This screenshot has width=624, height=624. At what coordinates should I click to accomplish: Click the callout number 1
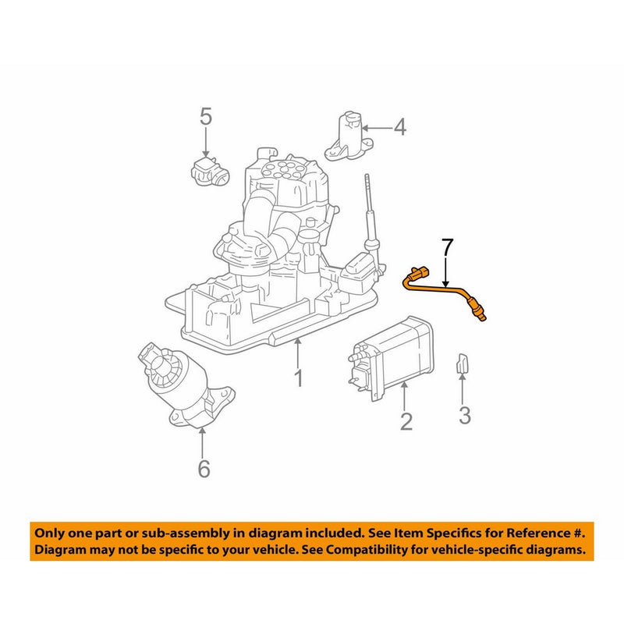(297, 380)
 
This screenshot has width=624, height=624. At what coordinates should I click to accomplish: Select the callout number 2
(406, 422)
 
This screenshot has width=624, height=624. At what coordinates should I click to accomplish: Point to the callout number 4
(399, 126)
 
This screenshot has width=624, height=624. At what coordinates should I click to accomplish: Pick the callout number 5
(205, 118)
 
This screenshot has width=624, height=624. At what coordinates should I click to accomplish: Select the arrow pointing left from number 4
(376, 127)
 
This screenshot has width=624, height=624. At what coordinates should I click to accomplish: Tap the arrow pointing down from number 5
(205, 144)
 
